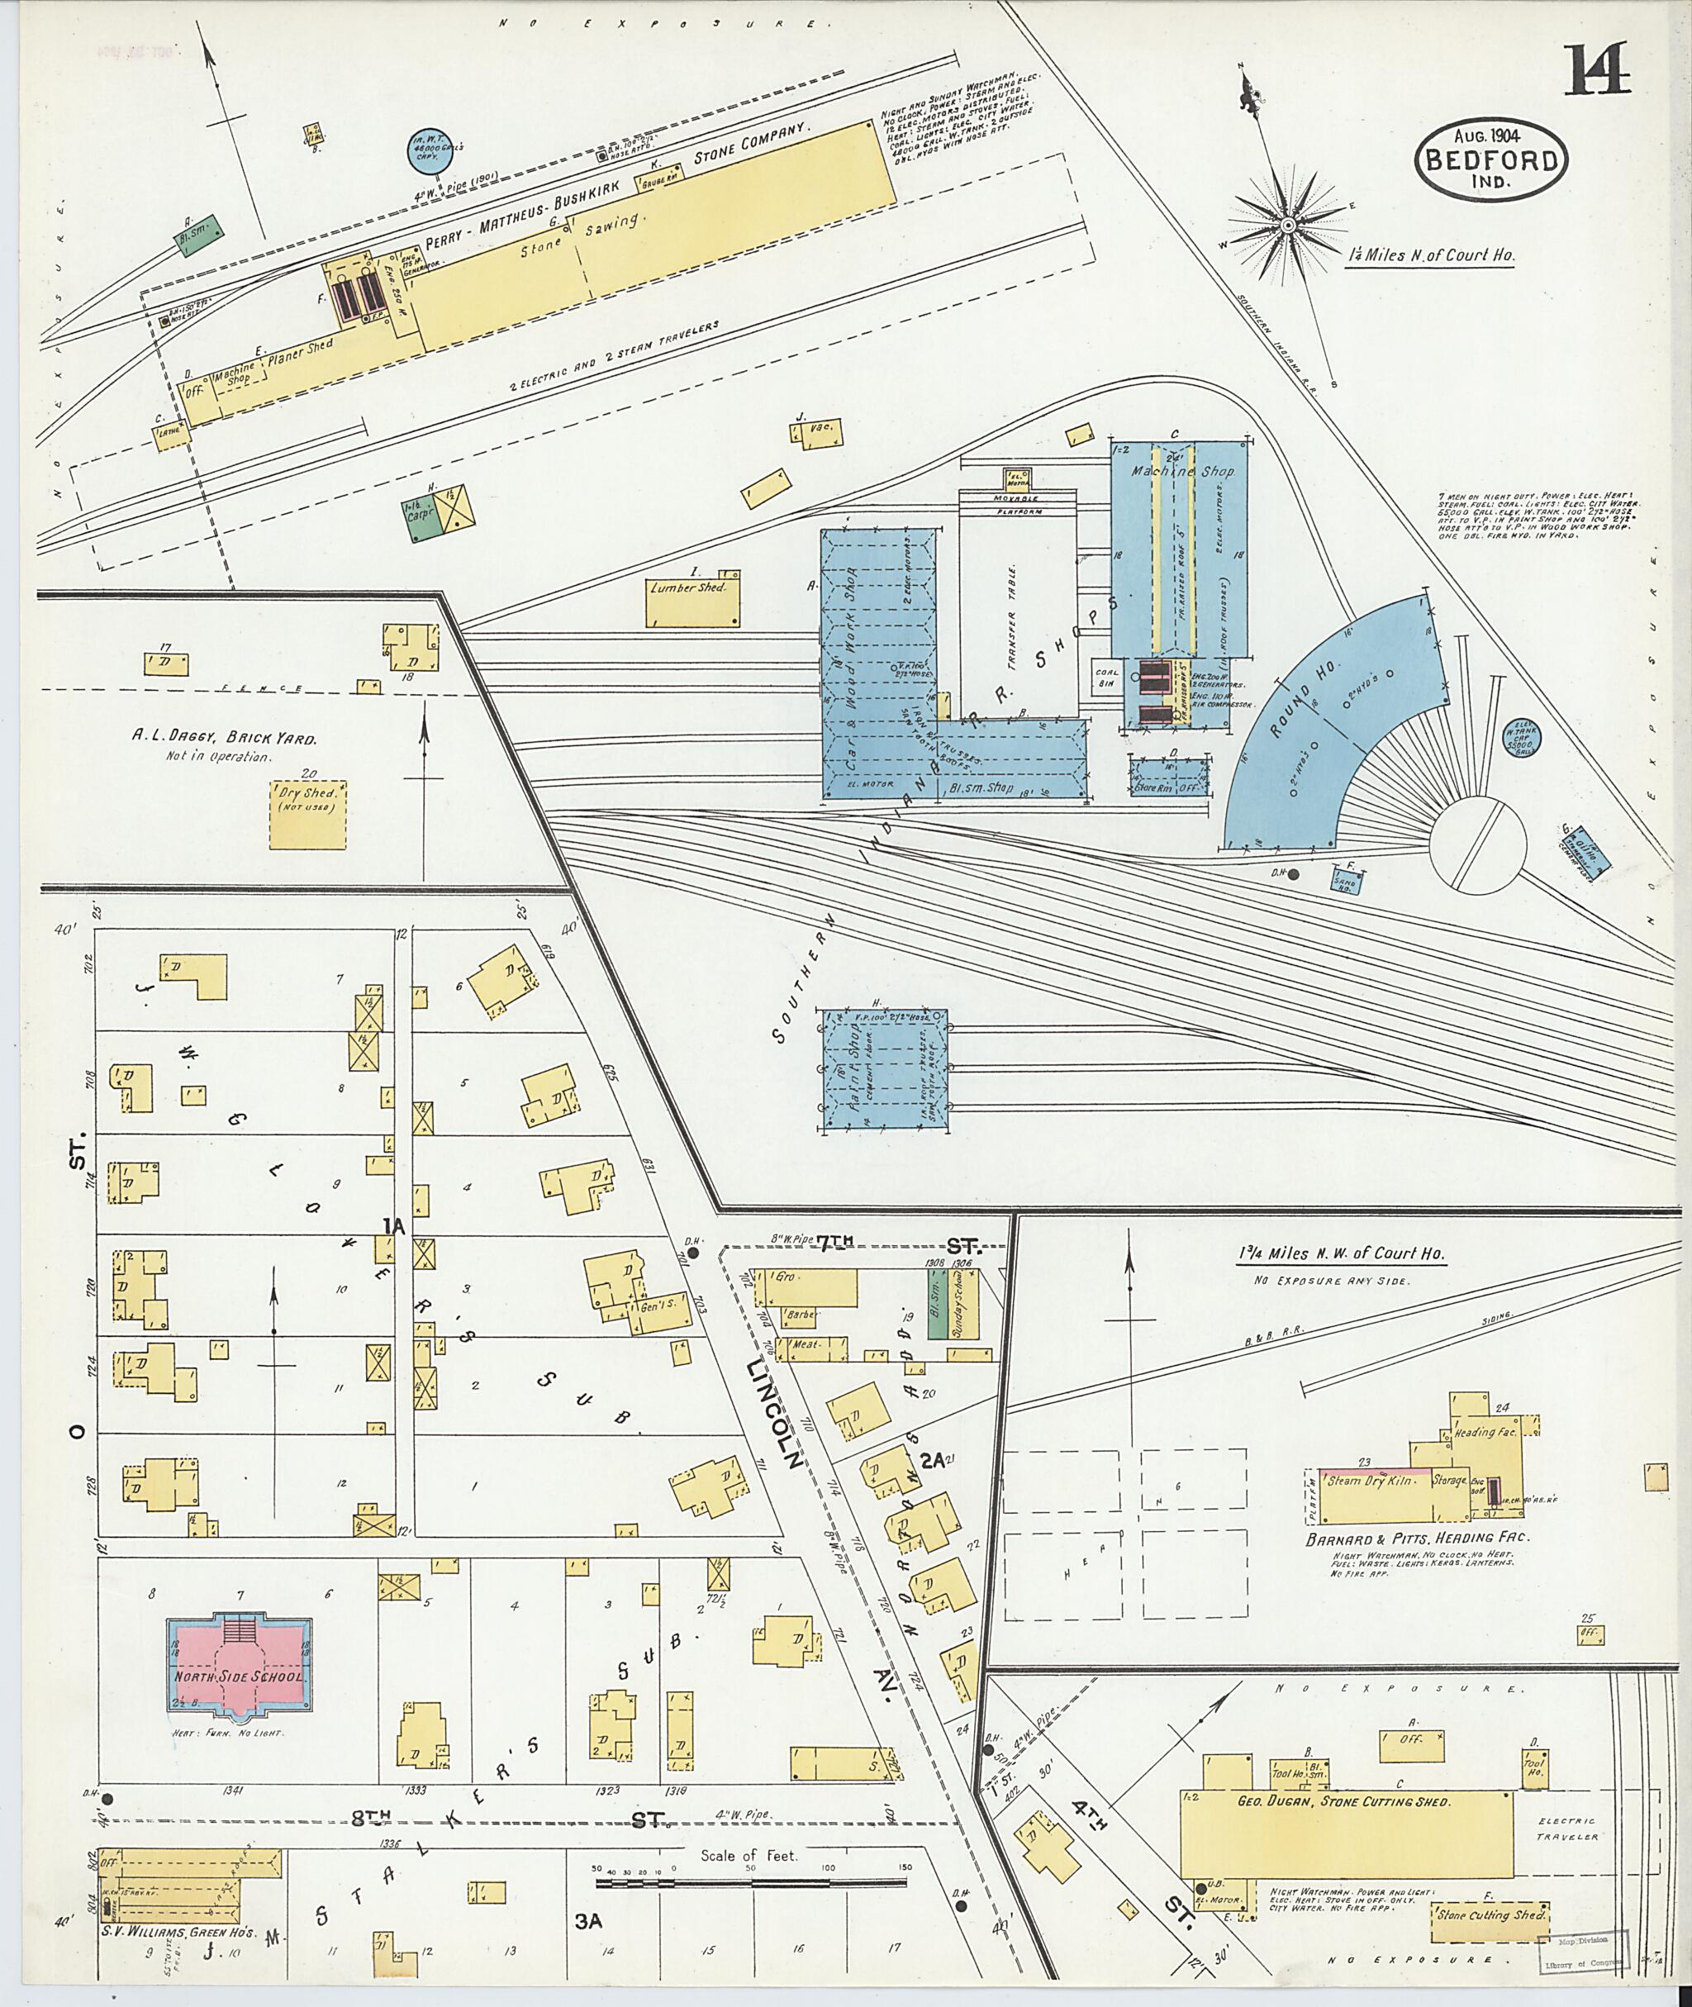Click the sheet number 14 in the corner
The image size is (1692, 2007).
click(1597, 71)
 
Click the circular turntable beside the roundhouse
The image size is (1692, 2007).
click(1477, 846)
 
